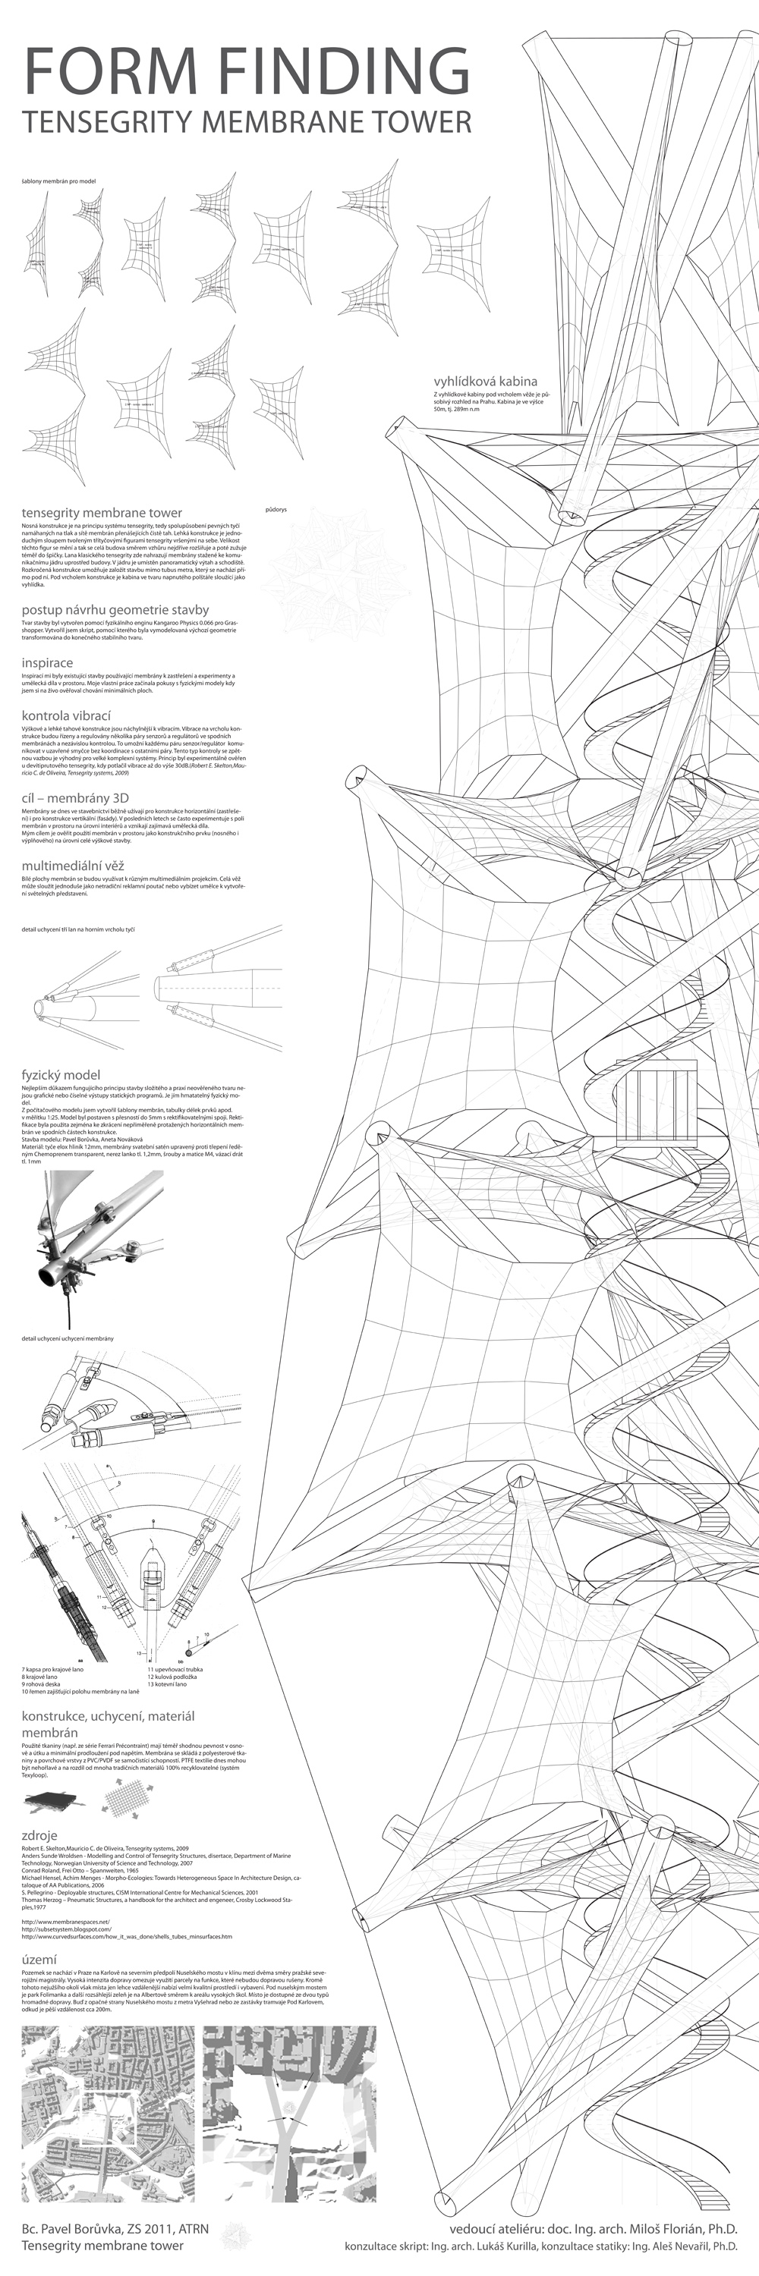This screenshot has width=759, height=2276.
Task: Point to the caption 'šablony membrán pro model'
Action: (58, 181)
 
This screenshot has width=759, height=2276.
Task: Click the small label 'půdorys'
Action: (276, 509)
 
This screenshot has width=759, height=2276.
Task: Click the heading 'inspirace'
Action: (48, 662)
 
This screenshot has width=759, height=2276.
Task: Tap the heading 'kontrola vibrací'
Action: (66, 715)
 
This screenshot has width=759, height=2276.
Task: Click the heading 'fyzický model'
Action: (61, 1074)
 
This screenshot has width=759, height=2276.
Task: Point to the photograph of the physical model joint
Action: (93, 1246)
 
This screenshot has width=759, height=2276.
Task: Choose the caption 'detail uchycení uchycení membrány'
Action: (68, 1338)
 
